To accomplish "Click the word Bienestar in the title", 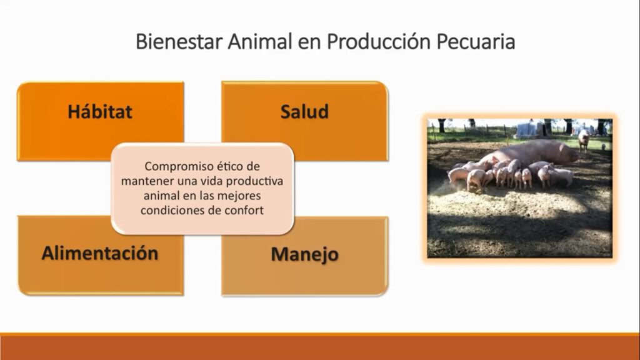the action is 179,42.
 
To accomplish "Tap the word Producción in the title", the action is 379,42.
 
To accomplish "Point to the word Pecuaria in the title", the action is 476,42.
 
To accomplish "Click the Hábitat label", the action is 100,112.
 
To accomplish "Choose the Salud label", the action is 304,112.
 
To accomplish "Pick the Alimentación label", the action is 100,253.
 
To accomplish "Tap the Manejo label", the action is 304,254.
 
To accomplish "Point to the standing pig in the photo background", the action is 584,139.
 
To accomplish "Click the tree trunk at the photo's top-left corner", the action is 442,125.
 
